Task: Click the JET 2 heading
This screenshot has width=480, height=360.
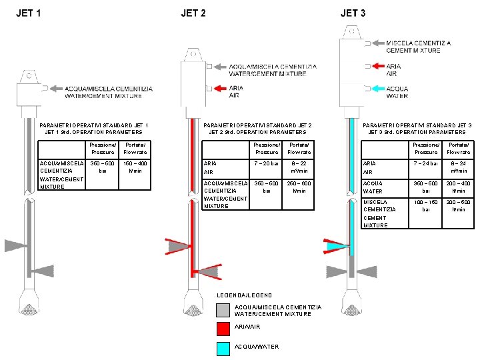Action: (193, 13)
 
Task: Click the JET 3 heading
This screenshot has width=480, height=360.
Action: (353, 13)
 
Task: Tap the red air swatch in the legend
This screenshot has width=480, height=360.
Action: (223, 328)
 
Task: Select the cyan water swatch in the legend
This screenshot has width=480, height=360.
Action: (223, 347)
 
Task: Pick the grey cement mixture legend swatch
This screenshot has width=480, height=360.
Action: (223, 309)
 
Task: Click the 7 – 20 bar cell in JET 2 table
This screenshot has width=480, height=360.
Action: (266, 163)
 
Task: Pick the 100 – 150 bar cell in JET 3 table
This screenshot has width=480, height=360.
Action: (426, 205)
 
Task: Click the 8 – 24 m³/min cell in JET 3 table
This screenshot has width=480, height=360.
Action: (459, 167)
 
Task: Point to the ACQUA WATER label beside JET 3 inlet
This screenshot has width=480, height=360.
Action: (397, 92)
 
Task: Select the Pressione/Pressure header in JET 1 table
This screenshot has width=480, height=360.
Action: (103, 149)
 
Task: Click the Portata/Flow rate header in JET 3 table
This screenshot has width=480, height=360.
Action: (459, 149)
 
